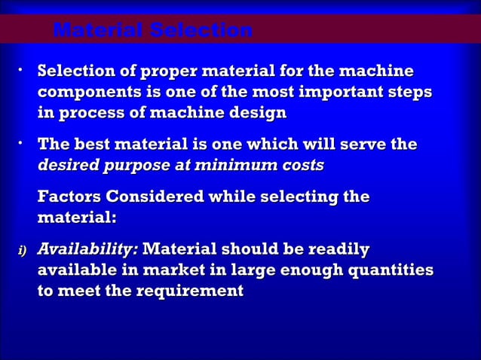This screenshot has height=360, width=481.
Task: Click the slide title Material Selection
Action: tap(153, 31)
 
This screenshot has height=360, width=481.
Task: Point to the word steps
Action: tap(410, 93)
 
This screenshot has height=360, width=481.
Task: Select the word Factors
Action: tap(70, 197)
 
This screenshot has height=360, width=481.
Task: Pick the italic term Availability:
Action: tap(87, 249)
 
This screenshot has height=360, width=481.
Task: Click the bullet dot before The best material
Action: tap(23, 142)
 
